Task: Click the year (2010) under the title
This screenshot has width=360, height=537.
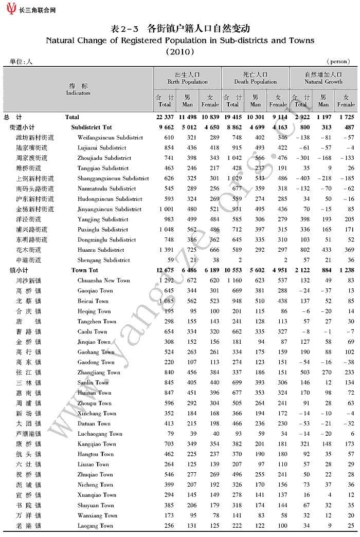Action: [179, 51]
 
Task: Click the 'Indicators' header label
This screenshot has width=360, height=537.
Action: [78, 93]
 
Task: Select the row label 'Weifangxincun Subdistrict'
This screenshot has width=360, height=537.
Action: [110, 138]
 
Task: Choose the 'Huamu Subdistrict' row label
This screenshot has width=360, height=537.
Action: [101, 250]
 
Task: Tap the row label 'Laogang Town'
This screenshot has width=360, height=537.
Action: [95, 526]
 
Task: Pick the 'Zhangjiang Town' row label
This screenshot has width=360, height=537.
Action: [99, 373]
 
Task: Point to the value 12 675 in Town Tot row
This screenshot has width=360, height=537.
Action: [166, 270]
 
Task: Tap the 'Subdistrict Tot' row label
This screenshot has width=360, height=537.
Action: [92, 127]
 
